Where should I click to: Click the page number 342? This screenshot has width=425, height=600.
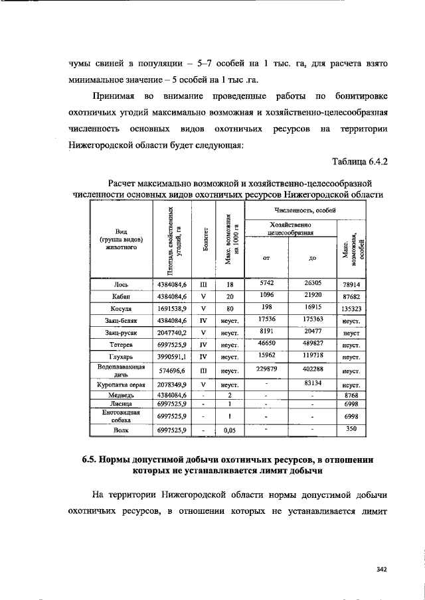[x=381, y=568]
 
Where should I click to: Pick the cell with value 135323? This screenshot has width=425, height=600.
[x=351, y=309]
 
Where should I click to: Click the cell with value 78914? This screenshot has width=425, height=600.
[x=351, y=284]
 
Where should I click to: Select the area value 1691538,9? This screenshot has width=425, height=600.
[x=171, y=309]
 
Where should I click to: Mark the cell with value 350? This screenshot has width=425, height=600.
[x=351, y=430]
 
